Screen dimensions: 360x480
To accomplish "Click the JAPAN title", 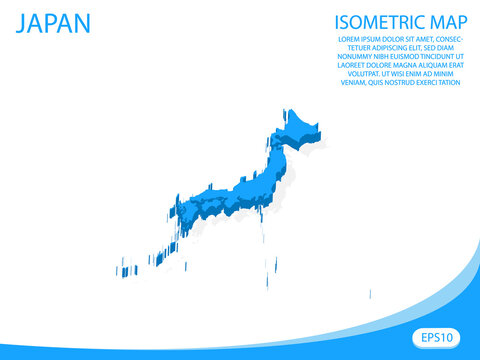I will [x=52, y=23].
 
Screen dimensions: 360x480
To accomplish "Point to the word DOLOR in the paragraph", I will [x=385, y=39].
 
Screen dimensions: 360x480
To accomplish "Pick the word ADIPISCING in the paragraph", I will [x=382, y=48].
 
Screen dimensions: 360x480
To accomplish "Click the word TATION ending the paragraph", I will [x=447, y=84].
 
